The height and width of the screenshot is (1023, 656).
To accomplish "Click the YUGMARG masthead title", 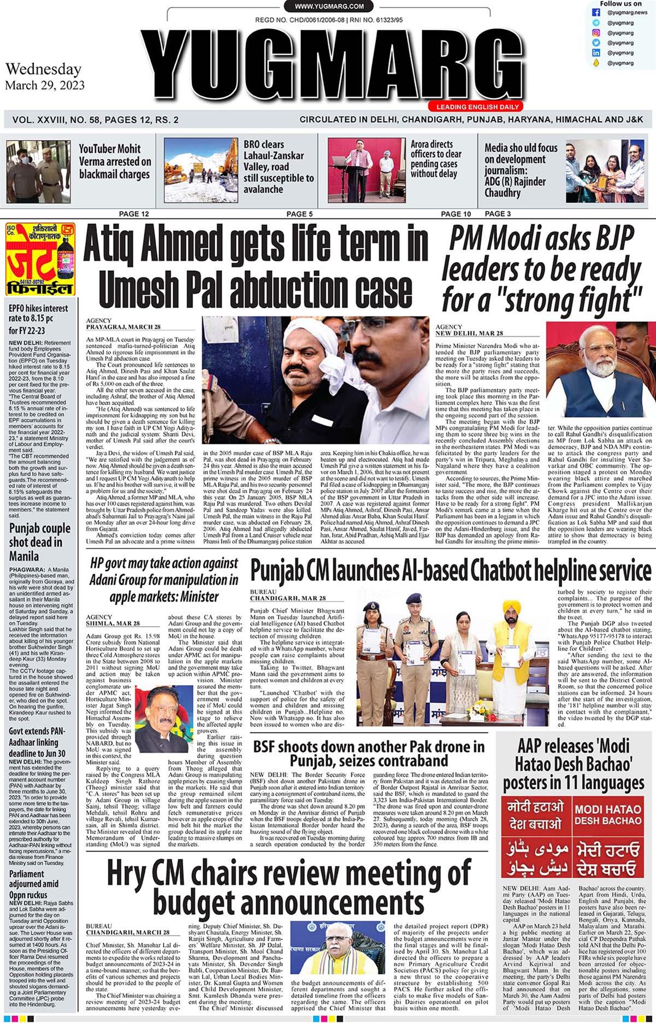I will coord(322,65).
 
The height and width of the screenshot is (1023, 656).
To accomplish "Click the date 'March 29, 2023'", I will coord(45,85).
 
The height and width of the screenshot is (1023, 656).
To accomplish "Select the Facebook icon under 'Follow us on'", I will coord(596,13).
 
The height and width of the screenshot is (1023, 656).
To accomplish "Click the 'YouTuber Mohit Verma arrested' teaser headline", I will coord(115,162).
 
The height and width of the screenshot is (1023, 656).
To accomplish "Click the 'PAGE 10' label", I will coord(456,214).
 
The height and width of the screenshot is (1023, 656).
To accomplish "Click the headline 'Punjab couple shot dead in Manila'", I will coord(39,542).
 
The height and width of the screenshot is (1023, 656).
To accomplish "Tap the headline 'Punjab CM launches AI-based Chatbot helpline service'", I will coord(451,571).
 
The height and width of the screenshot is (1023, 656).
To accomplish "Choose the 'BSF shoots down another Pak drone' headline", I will coord(368,753).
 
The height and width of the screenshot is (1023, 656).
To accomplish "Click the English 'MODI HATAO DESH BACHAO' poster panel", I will coord(607,813).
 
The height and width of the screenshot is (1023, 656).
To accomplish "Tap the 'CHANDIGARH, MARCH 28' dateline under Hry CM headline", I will coord(127,933).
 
